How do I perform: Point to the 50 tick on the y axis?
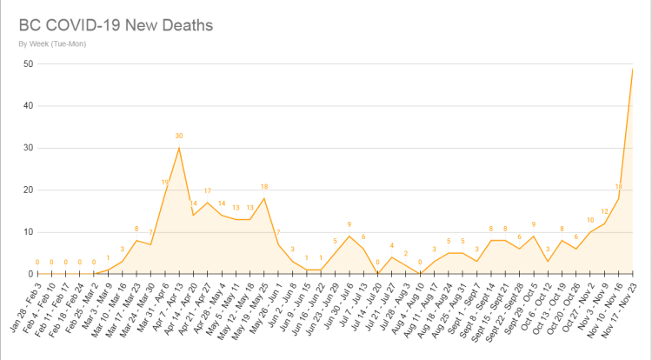tap(28, 63)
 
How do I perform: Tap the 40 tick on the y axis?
tap(28, 105)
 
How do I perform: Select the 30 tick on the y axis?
tap(28, 148)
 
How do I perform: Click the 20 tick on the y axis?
tap(28, 190)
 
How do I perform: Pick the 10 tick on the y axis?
tap(28, 231)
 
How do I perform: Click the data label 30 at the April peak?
tap(179, 137)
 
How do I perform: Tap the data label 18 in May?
tap(264, 187)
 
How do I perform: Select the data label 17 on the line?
tap(207, 191)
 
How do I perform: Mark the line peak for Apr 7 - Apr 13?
tap(179, 148)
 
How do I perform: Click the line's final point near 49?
tap(632, 69)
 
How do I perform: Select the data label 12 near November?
tap(604, 212)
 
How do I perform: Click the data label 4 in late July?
tap(392, 246)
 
